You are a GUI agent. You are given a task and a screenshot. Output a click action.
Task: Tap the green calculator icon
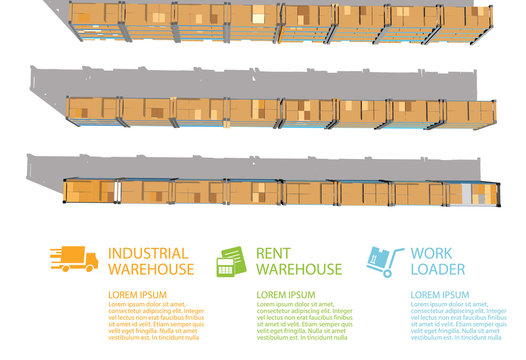coord(231,261)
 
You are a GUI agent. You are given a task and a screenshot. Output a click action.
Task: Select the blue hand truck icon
coord(384,262)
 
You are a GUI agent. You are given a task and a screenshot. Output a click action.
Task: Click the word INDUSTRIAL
coord(149,254)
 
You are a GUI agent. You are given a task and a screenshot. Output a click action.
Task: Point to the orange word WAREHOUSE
coord(150,270)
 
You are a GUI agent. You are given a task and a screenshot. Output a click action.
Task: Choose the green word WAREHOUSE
coord(299,270)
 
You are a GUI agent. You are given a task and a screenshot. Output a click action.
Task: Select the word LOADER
coord(437,270)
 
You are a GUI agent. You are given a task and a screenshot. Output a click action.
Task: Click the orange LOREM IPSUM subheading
coord(138,295)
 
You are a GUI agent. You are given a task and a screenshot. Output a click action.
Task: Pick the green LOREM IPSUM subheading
coord(286,295)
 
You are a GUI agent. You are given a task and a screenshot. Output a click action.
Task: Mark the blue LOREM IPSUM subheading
coord(439,295)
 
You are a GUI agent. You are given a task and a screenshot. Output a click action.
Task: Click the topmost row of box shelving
coord(280,20)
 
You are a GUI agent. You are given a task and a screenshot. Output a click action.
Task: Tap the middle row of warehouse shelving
coord(280,113)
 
